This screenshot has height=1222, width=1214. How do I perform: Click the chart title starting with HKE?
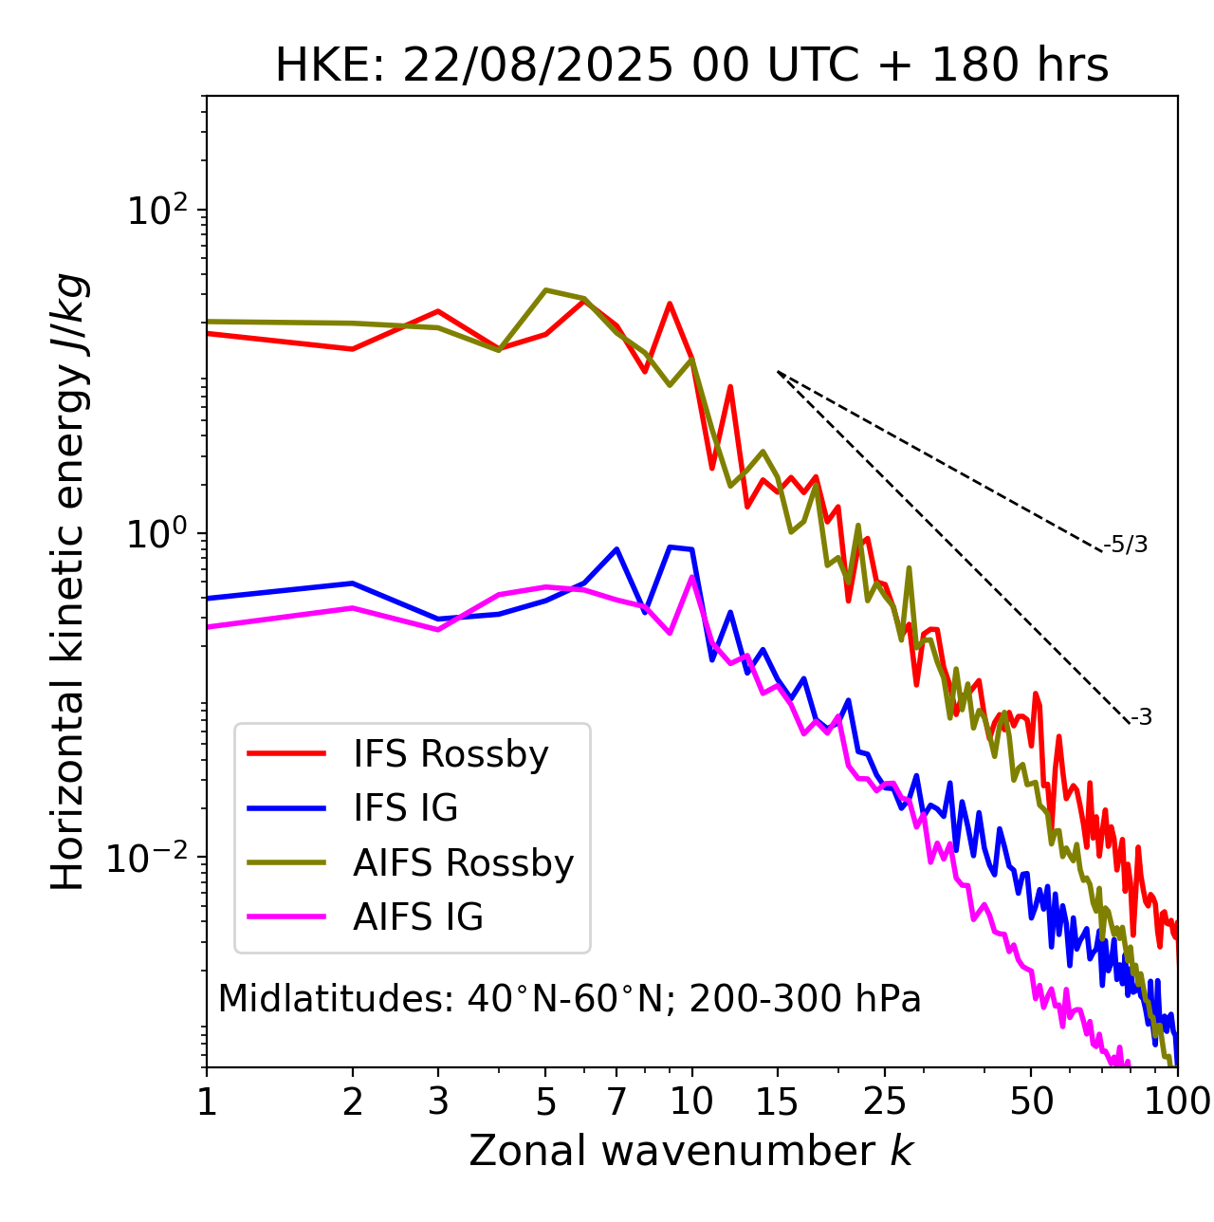[691, 66]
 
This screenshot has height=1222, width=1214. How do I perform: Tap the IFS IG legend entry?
[405, 808]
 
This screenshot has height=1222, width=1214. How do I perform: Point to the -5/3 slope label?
[1126, 545]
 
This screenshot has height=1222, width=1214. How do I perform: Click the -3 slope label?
[1141, 718]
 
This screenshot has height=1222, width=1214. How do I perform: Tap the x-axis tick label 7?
[616, 1102]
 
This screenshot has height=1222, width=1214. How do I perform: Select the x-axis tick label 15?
[777, 1102]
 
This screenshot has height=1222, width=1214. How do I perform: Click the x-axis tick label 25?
[885, 1102]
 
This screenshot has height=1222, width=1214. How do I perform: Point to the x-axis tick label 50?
[1031, 1102]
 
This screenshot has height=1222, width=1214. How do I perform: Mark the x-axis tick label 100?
[1176, 1102]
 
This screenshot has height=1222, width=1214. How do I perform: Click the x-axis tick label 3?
[438, 1102]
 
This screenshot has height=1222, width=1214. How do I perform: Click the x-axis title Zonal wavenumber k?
[691, 1151]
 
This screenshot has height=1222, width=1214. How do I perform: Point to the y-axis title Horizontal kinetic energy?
[68, 582]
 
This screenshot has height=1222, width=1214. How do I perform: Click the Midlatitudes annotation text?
[569, 999]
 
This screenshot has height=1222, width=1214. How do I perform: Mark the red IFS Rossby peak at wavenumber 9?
[670, 304]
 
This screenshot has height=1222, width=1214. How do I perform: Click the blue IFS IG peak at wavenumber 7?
[616, 548]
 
